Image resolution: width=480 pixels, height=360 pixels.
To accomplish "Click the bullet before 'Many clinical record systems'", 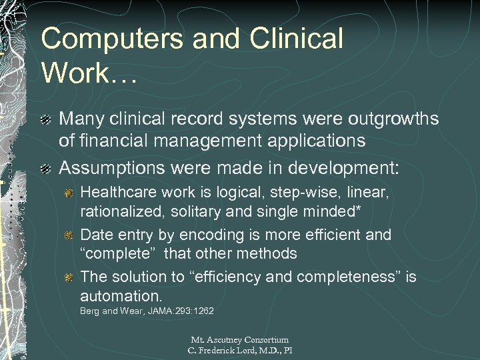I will click(46, 119).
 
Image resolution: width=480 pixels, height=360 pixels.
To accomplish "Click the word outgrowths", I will click(376, 119).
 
